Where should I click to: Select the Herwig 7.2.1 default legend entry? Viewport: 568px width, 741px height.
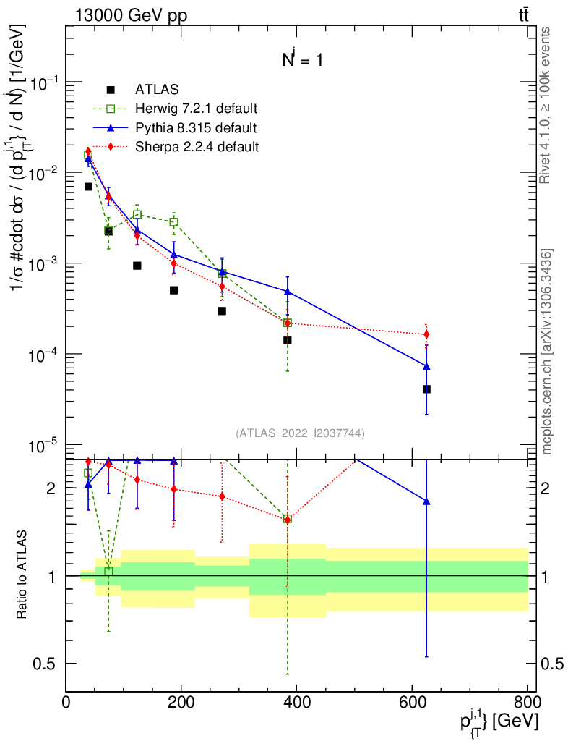(x=195, y=109)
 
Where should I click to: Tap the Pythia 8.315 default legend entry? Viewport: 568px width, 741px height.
(x=195, y=128)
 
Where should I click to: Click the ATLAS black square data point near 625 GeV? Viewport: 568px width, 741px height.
(x=426, y=389)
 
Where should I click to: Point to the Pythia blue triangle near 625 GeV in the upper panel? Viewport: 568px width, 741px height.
(x=426, y=366)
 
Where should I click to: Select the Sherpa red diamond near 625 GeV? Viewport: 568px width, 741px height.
(x=426, y=334)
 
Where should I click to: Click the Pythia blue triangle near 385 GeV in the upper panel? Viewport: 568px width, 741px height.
(x=288, y=292)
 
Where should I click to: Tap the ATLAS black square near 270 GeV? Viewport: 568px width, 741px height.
(x=222, y=311)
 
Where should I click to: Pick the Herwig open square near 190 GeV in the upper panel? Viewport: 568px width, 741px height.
(x=173, y=222)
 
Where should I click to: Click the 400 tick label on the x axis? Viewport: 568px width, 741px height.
(x=296, y=702)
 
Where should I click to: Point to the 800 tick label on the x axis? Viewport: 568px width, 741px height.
(x=527, y=702)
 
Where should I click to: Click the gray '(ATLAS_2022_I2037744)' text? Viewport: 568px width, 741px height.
(x=300, y=433)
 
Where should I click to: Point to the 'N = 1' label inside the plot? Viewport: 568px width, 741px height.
(x=302, y=61)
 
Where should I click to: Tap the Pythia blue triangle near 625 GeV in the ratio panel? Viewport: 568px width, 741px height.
(x=426, y=501)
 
